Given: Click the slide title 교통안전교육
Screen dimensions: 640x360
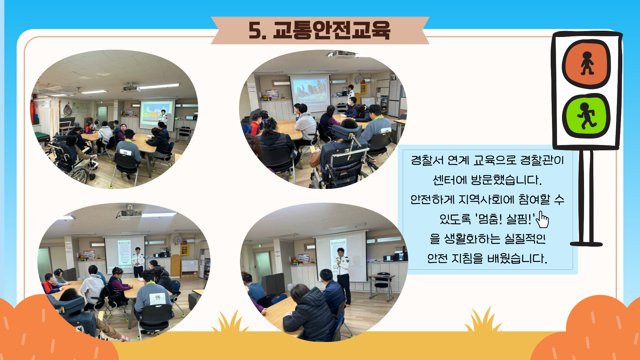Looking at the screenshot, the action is (x=331, y=30).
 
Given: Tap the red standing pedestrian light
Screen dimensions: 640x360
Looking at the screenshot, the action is (x=586, y=64).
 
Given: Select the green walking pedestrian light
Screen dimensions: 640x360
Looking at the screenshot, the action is (x=586, y=116).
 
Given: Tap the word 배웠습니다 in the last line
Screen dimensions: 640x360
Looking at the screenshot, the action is (x=517, y=258).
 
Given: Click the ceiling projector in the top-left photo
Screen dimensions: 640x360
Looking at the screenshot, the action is (x=131, y=88).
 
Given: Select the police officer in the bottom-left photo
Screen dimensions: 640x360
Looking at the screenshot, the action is (x=138, y=262).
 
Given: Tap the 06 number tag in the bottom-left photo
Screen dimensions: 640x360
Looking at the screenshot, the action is (x=158, y=297).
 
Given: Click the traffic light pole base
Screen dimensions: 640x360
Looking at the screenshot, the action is (x=586, y=244).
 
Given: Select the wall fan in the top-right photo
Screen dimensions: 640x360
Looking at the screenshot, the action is (x=359, y=79).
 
